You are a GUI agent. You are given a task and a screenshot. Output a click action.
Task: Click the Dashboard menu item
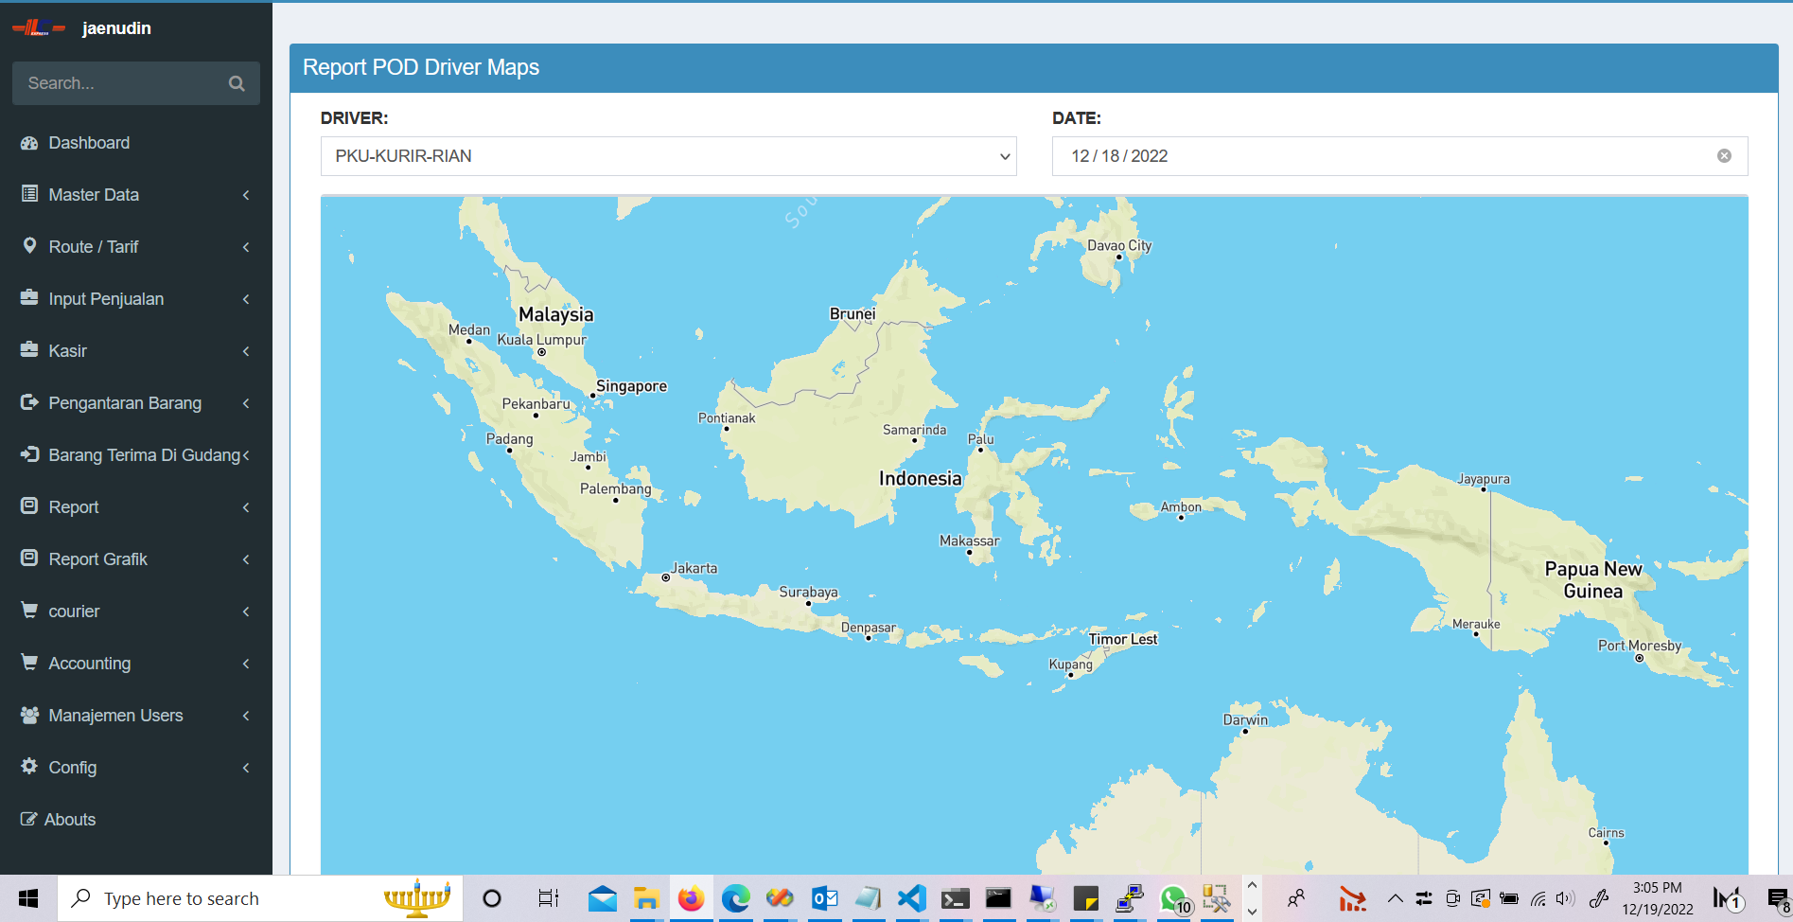click(89, 143)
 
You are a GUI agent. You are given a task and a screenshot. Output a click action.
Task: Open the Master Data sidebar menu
click(94, 195)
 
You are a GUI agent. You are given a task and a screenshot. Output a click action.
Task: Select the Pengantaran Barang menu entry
click(125, 403)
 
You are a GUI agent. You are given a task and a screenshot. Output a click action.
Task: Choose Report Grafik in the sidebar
click(97, 559)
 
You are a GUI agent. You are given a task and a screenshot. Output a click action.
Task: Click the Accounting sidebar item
click(90, 664)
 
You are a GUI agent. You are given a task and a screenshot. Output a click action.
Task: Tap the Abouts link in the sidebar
click(70, 820)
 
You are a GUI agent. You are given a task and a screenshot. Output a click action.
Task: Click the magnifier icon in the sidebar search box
click(237, 83)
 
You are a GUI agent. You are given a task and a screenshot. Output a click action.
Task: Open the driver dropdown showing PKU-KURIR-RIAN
click(668, 156)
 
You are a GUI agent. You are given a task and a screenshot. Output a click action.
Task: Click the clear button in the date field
click(1724, 156)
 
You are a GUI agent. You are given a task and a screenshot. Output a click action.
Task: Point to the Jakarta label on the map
click(694, 568)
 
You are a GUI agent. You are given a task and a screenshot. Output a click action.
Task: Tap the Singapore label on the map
click(631, 386)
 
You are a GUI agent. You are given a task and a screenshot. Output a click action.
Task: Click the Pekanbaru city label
click(536, 404)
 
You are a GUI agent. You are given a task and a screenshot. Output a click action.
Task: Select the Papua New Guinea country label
click(1593, 579)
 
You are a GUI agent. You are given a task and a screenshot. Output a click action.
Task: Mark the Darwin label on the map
click(1245, 719)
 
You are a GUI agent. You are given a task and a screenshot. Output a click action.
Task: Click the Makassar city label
click(969, 541)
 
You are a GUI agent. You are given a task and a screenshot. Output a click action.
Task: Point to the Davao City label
click(1119, 245)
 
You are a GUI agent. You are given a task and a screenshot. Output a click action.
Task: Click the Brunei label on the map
click(853, 313)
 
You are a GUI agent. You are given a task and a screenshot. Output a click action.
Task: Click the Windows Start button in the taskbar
click(28, 898)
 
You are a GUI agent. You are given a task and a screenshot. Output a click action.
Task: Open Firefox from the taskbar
click(691, 898)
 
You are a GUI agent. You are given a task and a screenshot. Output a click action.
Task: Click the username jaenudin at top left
click(116, 28)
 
